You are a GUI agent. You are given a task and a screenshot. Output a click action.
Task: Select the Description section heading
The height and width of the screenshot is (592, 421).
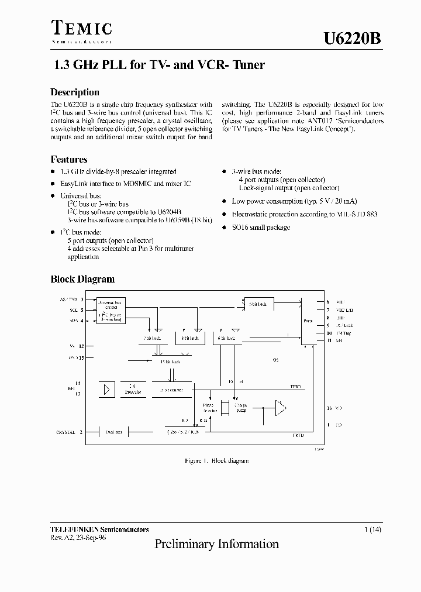coord(75,92)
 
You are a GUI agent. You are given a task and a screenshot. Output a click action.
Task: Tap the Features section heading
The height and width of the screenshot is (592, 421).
coord(69,159)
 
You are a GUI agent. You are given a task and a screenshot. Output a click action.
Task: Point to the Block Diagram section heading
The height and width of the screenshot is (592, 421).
coord(82,280)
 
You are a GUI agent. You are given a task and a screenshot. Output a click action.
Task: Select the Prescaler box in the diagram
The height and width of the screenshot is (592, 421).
coord(133,389)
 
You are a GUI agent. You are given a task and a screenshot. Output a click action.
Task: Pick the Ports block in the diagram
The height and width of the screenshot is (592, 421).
coord(308,321)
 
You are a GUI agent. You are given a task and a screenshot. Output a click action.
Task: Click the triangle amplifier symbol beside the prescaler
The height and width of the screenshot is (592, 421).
coord(106,389)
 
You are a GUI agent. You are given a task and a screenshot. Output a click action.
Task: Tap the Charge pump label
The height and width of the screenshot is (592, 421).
coord(241,408)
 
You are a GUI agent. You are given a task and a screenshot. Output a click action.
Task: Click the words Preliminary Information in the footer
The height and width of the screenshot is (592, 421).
coord(216,544)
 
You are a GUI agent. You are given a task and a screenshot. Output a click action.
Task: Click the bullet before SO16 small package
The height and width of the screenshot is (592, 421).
coord(226,228)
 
